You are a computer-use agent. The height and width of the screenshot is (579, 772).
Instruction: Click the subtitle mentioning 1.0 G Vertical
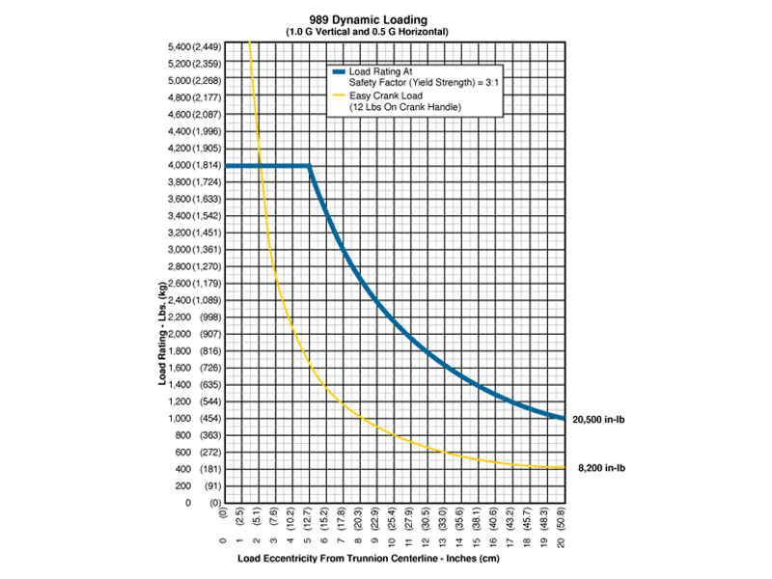385,33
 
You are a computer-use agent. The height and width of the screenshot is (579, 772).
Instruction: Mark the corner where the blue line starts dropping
309,166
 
